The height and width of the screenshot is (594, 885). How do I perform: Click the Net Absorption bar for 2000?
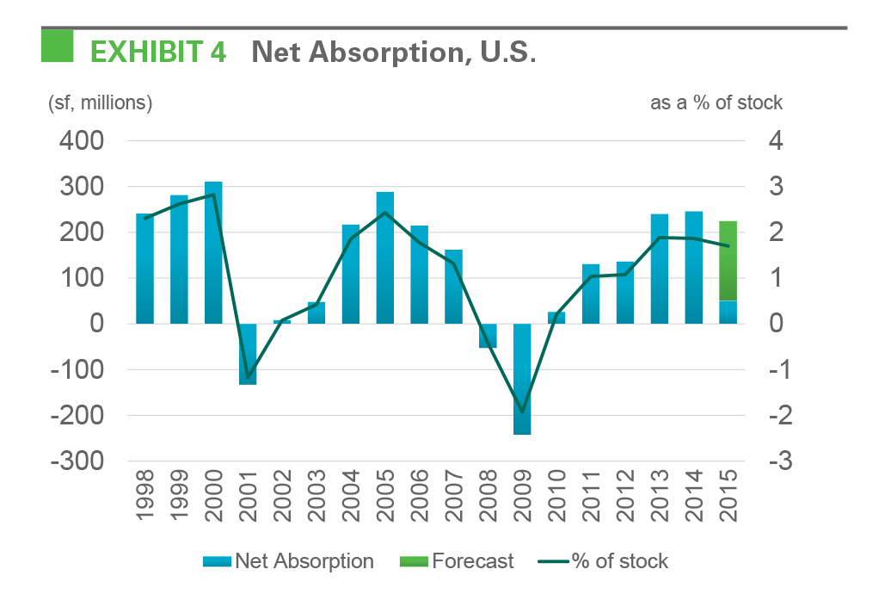click(213, 252)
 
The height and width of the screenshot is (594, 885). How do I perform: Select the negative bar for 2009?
click(522, 379)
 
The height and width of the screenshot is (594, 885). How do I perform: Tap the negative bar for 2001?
click(248, 354)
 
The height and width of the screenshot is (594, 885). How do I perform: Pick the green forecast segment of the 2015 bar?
click(728, 261)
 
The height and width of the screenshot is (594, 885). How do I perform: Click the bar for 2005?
click(384, 257)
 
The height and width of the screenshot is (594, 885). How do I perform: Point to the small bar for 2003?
click(317, 312)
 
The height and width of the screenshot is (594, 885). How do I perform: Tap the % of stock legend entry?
click(602, 562)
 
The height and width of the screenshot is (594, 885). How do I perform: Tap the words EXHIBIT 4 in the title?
click(158, 53)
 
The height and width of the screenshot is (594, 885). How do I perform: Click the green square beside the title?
click(58, 46)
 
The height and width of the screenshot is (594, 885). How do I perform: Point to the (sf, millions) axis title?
click(100, 103)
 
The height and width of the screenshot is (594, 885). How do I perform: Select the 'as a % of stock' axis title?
click(716, 103)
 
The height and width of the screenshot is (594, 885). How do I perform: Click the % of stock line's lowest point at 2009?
click(522, 411)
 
